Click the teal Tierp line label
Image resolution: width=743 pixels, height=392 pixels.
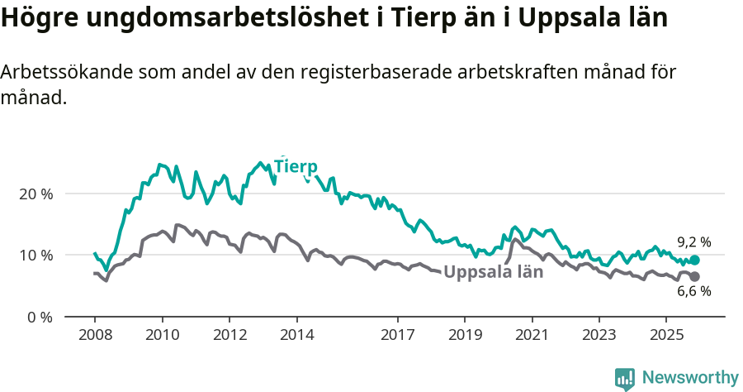coord(296,166)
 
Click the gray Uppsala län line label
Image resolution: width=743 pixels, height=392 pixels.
coord(493,272)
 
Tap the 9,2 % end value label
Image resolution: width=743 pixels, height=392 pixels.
coord(693,242)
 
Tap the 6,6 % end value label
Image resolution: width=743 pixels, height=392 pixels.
coord(693,291)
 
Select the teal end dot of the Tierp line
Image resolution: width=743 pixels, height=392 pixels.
coord(694,260)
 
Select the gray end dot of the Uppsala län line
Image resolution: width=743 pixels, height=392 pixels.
coord(694,276)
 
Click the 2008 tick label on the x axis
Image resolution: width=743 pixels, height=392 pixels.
coord(95,335)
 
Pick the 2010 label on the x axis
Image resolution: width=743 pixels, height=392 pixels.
coord(162,335)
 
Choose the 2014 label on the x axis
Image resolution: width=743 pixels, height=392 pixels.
coord(296,335)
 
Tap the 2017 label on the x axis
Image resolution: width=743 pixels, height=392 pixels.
coord(398,335)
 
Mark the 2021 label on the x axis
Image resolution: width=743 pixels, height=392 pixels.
coord(532,335)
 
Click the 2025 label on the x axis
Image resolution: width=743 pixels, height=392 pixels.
coord(665,335)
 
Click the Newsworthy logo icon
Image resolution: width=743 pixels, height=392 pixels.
coord(624,378)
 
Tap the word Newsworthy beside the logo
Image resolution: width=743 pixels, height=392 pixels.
coord(689,378)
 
